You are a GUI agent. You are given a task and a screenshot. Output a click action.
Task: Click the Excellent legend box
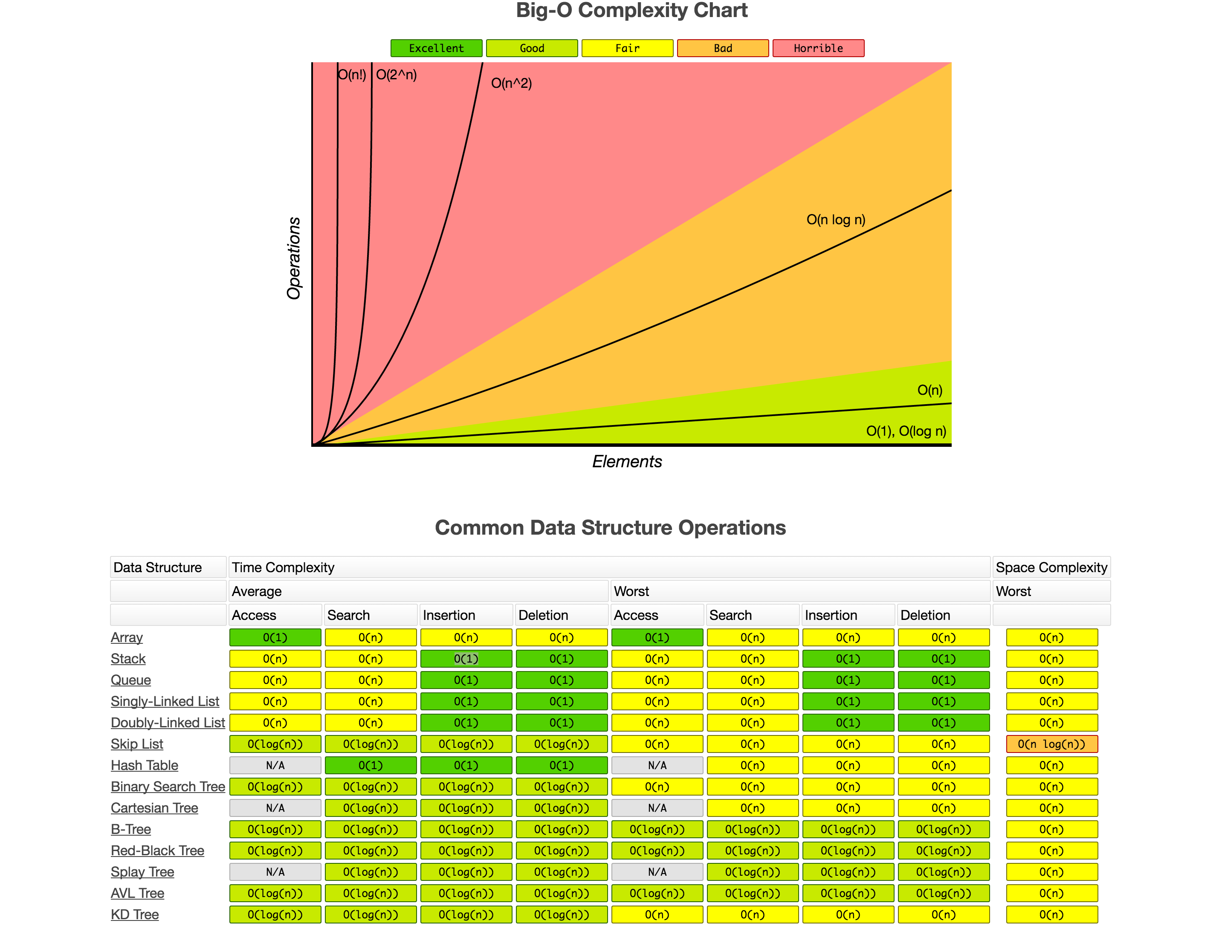(x=436, y=48)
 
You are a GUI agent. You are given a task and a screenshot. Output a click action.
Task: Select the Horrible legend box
(x=818, y=48)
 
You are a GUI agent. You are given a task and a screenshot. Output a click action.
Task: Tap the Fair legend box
(x=627, y=48)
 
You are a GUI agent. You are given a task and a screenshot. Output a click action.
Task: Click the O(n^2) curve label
(x=511, y=83)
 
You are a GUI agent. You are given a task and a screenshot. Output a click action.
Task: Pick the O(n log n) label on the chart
(x=835, y=220)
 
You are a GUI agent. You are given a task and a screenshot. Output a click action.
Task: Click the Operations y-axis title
(x=293, y=258)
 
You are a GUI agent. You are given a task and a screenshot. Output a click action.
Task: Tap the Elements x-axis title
(x=627, y=462)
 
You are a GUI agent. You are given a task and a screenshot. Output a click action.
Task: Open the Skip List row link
(x=137, y=744)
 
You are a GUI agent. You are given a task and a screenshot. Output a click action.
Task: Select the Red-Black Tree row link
(x=157, y=851)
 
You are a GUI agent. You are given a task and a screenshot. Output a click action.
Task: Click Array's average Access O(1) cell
(x=275, y=637)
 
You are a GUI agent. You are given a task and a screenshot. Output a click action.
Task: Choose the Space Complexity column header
(x=1051, y=567)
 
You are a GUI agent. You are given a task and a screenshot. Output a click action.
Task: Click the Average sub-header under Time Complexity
(x=257, y=591)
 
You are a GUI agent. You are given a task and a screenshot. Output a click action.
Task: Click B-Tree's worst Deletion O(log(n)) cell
(x=943, y=829)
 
